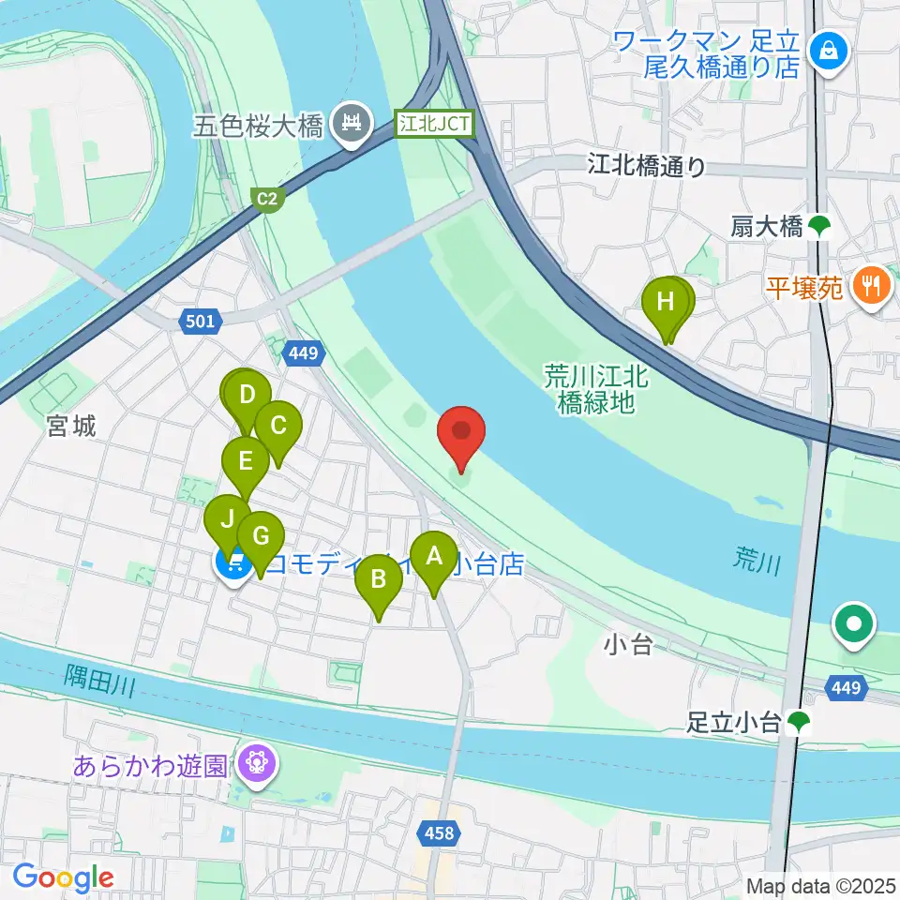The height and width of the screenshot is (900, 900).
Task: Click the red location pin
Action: pos(461,433)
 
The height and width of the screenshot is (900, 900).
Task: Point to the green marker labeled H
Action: pos(666,305)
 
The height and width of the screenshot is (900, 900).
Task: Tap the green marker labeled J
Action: pos(228,521)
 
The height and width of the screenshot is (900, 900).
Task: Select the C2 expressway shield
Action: pos(268,198)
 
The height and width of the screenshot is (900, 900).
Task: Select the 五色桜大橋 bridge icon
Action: pos(352,123)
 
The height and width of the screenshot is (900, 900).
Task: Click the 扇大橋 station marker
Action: pos(820,225)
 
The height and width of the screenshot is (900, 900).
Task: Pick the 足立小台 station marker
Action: pos(799,721)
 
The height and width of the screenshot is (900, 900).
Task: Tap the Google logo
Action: pos(63,877)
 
